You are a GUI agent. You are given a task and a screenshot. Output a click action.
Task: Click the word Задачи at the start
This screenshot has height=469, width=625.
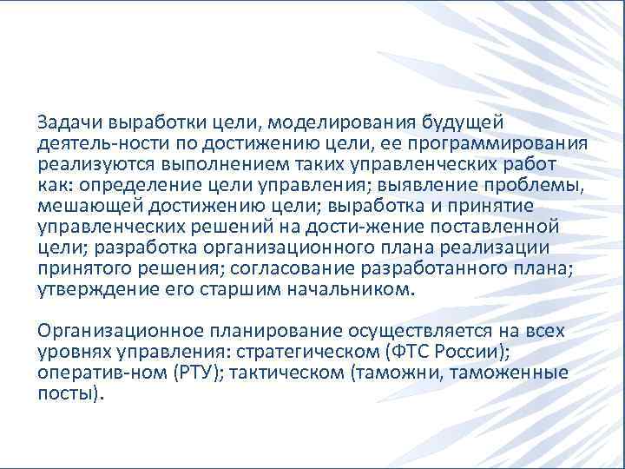point(65,120)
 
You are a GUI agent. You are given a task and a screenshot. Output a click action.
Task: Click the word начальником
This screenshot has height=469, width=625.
point(352,289)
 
